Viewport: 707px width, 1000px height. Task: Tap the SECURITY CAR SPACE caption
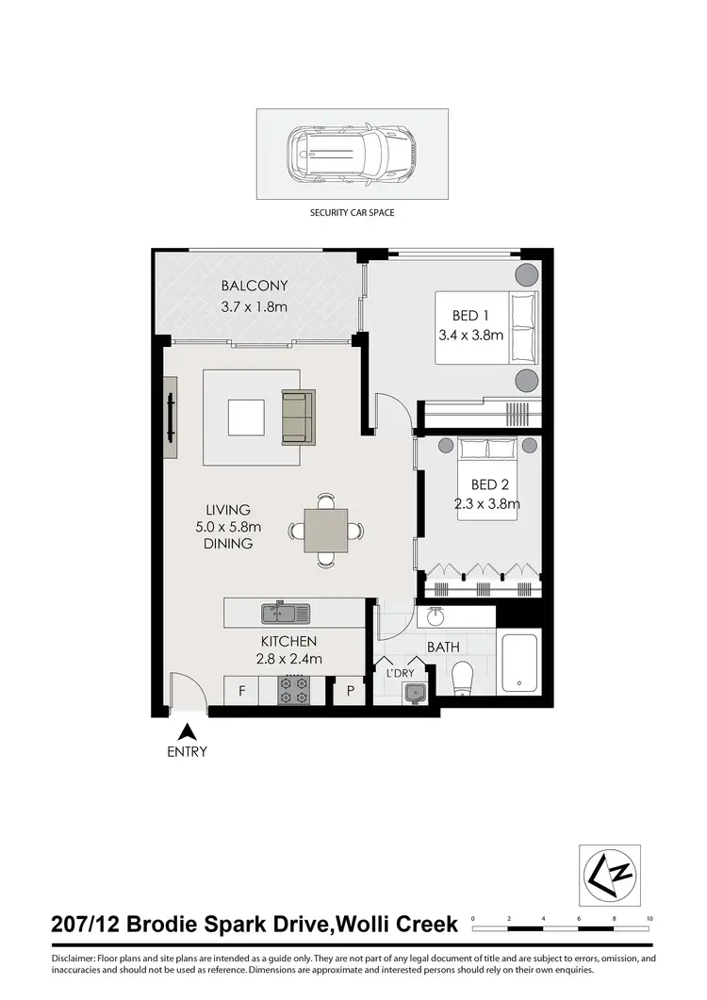point(353,213)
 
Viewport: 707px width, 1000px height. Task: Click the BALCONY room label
point(254,287)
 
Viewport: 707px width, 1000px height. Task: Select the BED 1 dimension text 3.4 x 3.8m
point(471,335)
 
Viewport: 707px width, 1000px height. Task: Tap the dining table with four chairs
point(326,530)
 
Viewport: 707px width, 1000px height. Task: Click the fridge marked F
point(242,691)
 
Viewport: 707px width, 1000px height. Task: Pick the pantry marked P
point(351,691)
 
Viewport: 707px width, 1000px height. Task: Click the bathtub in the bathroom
point(519,666)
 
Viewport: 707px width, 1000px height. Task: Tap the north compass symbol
point(609,875)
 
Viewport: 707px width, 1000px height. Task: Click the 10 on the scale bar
point(649,918)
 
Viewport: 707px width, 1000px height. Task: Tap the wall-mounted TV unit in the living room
point(170,418)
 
